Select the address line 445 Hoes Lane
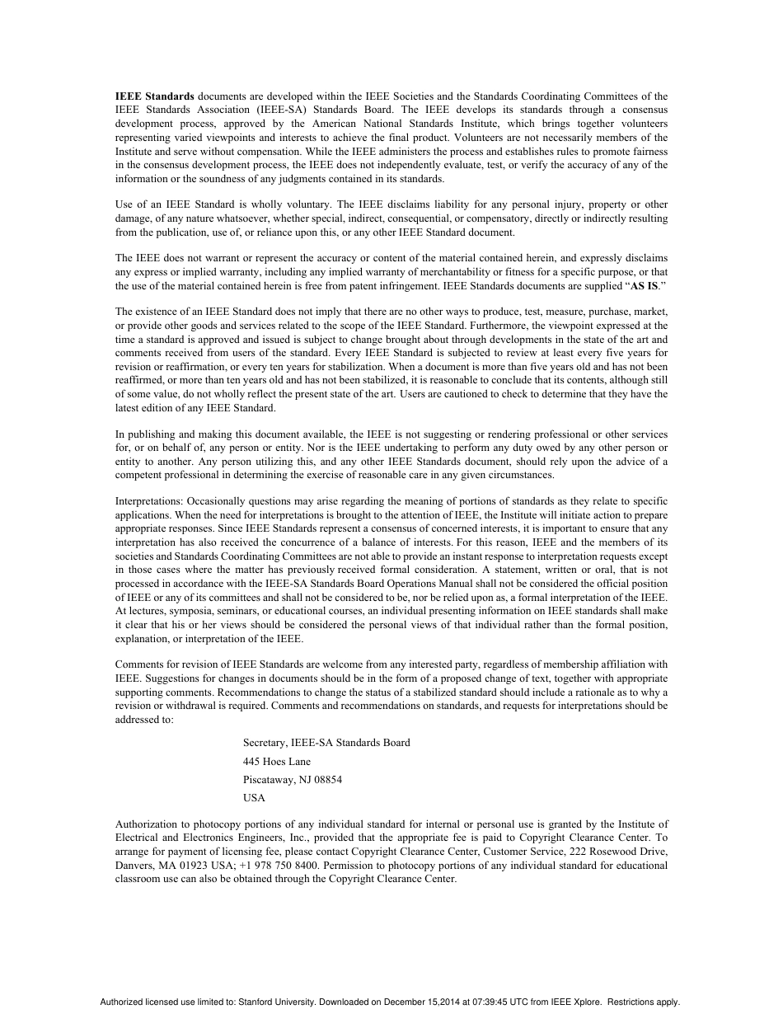coord(277,762)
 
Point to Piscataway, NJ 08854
coord(293,780)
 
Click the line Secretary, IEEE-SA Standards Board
coord(326,743)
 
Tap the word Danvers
coord(135,866)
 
